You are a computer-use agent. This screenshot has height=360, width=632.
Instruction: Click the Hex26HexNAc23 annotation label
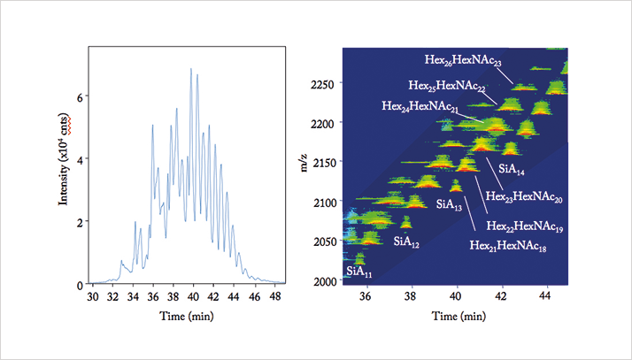pyautogui.click(x=463, y=60)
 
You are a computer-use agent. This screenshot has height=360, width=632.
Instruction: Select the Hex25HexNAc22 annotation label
pyautogui.click(x=447, y=86)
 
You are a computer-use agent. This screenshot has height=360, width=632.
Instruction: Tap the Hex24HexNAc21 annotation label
pyautogui.click(x=420, y=107)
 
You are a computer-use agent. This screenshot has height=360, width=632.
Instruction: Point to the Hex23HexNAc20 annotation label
pyautogui.click(x=524, y=197)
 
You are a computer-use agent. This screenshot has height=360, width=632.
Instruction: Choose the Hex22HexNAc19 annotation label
pyautogui.click(x=525, y=226)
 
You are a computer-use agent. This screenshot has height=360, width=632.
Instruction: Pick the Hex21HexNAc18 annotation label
pyautogui.click(x=508, y=246)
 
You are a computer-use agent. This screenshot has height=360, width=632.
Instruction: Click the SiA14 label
pyautogui.click(x=512, y=169)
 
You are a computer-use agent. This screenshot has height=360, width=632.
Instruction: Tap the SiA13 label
pyautogui.click(x=449, y=204)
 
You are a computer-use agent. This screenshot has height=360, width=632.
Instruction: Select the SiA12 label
pyautogui.click(x=406, y=242)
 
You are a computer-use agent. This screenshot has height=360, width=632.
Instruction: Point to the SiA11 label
pyautogui.click(x=359, y=272)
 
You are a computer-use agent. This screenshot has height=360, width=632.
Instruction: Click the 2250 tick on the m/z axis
pyautogui.click(x=322, y=85)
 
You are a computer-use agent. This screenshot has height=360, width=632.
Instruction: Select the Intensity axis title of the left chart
pyautogui.click(x=64, y=161)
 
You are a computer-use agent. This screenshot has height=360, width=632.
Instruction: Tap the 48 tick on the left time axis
pyautogui.click(x=274, y=297)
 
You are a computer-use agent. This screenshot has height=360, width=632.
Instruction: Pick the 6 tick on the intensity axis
pyautogui.click(x=81, y=96)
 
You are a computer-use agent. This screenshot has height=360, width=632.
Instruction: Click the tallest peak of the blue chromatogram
pyautogui.click(x=191, y=69)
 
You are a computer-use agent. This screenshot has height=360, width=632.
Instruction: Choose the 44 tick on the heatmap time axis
pyautogui.click(x=545, y=296)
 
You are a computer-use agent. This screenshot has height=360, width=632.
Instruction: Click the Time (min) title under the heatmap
pyautogui.click(x=459, y=317)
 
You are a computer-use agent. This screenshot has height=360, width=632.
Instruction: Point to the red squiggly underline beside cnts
pyautogui.click(x=69, y=126)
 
